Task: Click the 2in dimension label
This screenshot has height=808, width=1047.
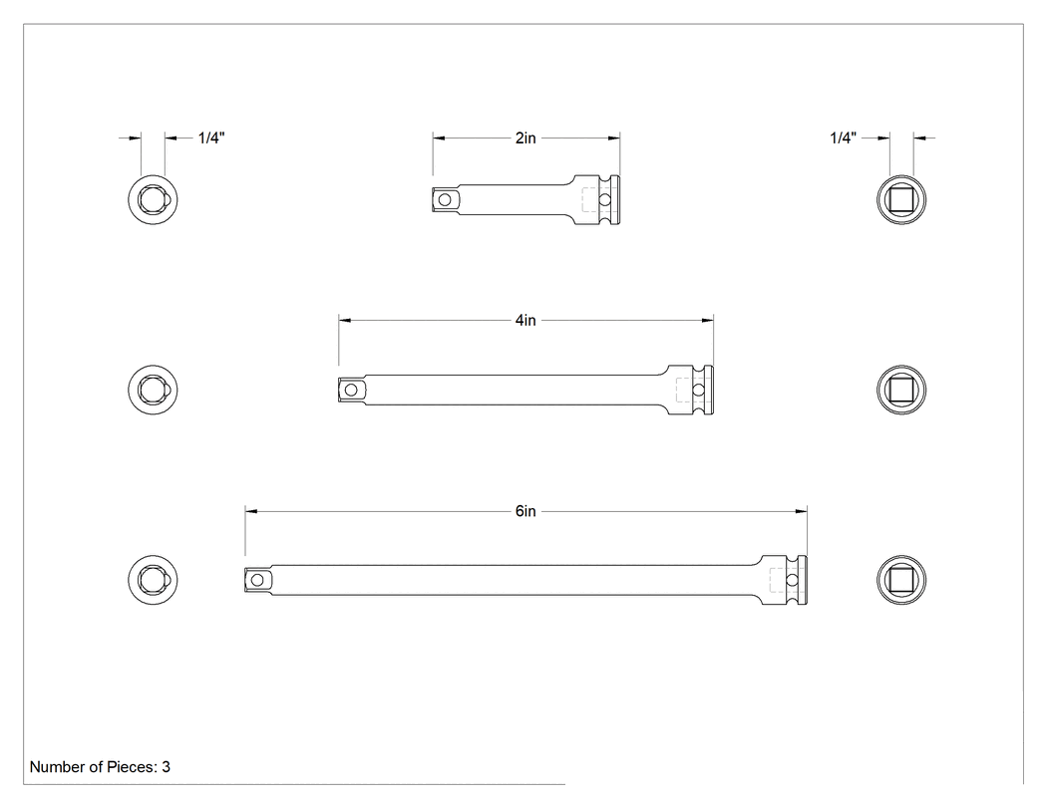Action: tap(525, 138)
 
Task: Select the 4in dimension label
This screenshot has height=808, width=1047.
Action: tap(525, 320)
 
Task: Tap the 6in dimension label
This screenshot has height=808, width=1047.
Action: tap(525, 511)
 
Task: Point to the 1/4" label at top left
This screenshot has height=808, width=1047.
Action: tap(211, 138)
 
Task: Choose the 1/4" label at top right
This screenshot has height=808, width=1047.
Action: tap(843, 138)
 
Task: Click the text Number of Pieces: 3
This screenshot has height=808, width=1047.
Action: tap(100, 766)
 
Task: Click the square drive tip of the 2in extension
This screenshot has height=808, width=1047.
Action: tap(445, 199)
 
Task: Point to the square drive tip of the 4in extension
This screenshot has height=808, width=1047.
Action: tap(351, 390)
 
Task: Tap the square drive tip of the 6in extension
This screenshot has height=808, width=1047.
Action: tap(257, 580)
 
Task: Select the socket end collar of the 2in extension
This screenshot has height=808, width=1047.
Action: tap(597, 199)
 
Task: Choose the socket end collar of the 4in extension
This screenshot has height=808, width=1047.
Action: tap(691, 390)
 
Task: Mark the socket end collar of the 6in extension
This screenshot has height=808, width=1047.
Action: tap(785, 580)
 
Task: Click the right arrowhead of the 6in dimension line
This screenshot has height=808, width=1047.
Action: tap(802, 511)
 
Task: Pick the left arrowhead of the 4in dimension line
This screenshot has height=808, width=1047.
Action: tap(345, 320)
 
